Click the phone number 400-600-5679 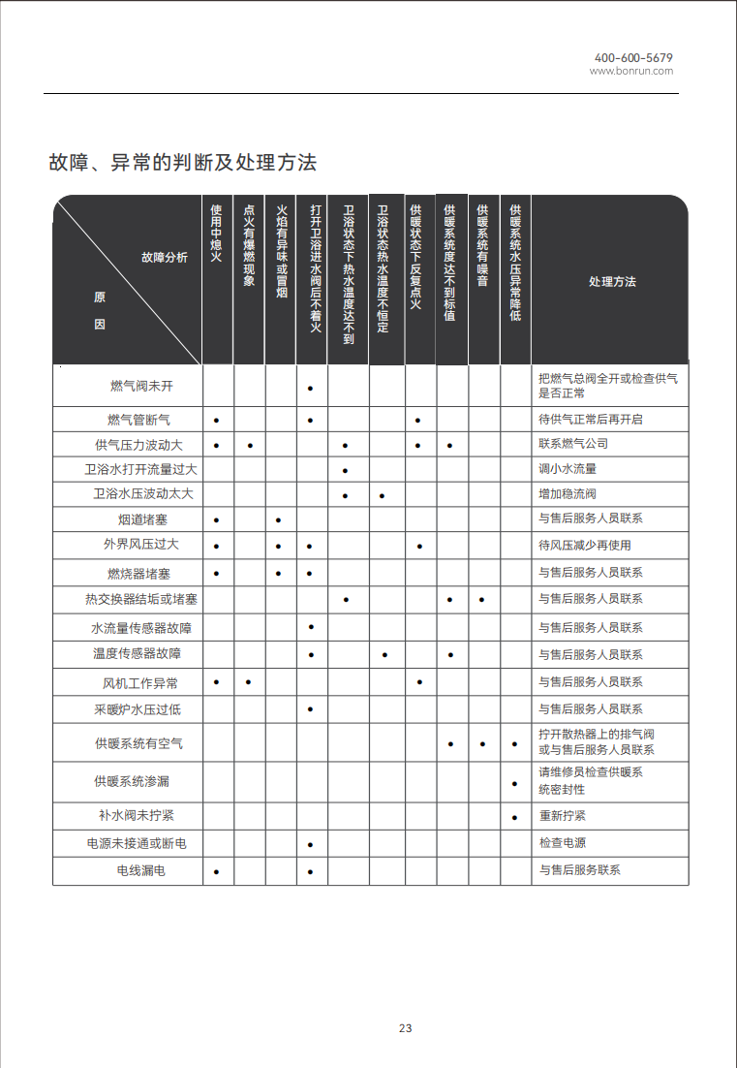(x=633, y=58)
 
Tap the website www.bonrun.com (x=631, y=71)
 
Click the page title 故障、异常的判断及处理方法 (x=183, y=162)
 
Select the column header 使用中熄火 (x=216, y=234)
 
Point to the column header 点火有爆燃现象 (x=249, y=245)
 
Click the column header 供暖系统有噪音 (x=482, y=245)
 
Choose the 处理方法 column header (x=612, y=282)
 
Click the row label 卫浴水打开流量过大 (x=141, y=469)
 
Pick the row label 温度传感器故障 (x=137, y=654)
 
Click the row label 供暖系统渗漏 (x=132, y=781)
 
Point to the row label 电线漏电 (x=141, y=870)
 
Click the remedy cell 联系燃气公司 (x=573, y=444)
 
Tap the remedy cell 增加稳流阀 (x=568, y=494)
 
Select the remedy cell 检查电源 (x=563, y=843)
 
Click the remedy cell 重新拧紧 (x=563, y=816)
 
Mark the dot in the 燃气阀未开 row (x=310, y=389)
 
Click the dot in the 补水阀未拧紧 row (x=514, y=818)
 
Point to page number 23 (x=406, y=1028)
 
